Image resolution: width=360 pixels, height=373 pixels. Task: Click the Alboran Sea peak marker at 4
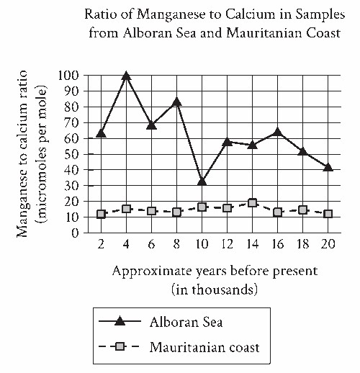point(126,76)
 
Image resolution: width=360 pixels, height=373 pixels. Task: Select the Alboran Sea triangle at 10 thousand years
point(202,181)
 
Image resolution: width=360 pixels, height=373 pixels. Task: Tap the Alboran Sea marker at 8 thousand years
point(176,102)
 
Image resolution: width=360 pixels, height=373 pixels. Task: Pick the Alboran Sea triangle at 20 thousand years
point(328,167)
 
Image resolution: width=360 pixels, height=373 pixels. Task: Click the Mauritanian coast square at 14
point(252,203)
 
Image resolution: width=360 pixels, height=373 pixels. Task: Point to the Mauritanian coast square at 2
point(101,214)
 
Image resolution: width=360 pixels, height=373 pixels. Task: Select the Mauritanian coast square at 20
point(328,214)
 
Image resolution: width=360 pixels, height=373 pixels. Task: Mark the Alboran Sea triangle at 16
point(277,132)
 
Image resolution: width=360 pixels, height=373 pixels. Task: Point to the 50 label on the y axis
point(72,154)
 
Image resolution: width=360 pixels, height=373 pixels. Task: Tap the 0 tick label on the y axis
point(76,233)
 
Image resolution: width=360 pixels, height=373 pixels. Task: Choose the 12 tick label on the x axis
point(227,244)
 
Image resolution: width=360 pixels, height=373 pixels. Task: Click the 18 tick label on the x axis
point(303,244)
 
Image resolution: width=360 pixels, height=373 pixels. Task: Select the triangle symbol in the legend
point(120,321)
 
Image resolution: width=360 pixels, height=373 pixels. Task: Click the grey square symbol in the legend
point(120,346)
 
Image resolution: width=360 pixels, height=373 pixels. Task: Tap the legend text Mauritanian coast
point(204,347)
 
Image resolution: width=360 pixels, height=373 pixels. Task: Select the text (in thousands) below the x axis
point(215,289)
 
